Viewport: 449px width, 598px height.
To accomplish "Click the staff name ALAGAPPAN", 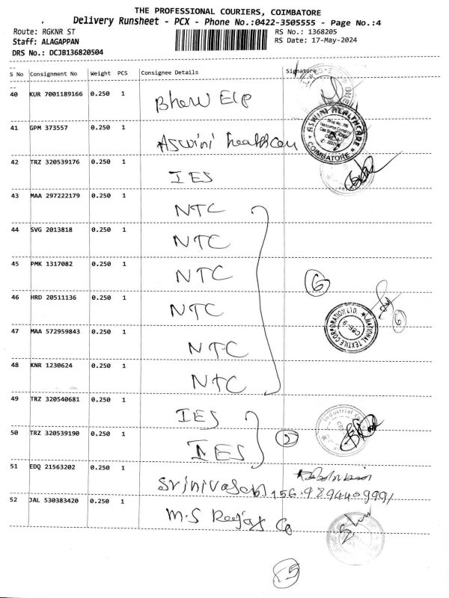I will coord(62,43).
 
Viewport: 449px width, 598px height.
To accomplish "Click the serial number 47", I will coord(14,331).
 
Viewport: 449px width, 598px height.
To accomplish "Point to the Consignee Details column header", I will coord(170,73).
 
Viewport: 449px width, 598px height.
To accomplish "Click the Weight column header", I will coord(101,73).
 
